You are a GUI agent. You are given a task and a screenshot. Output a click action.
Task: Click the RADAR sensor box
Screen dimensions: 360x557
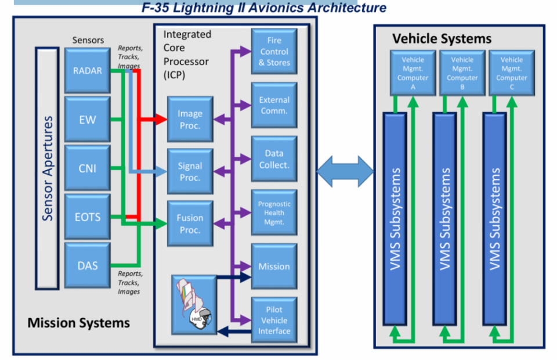88,71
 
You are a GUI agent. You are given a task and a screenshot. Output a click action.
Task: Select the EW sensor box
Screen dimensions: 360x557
88,120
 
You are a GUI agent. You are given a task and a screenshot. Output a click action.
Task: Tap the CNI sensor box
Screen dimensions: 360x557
88,168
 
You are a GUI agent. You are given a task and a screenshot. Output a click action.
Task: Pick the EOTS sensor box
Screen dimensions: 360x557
88,217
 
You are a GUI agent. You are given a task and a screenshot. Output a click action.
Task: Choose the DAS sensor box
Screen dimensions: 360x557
88,265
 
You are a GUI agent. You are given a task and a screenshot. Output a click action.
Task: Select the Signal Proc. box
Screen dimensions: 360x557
190,172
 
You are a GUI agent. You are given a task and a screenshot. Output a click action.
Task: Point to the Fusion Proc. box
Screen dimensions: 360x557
190,224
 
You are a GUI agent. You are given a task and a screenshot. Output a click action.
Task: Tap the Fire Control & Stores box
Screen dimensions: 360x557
274,51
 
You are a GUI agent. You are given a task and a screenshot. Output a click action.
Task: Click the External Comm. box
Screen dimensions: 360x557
274,105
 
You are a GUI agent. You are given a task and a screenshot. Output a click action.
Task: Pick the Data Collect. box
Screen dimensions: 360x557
274,159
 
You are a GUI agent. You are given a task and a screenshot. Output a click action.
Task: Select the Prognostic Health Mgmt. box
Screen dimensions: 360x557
274,213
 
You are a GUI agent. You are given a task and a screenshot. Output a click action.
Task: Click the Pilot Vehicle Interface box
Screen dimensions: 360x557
274,320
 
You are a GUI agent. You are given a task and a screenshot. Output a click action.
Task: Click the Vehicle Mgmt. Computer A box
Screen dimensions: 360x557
413,73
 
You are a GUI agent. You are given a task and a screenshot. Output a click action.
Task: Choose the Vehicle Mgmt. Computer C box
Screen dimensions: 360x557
511,73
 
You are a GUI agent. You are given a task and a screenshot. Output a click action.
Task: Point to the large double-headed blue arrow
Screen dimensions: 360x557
345,172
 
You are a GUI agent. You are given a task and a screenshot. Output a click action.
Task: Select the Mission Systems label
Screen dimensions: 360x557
79,322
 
